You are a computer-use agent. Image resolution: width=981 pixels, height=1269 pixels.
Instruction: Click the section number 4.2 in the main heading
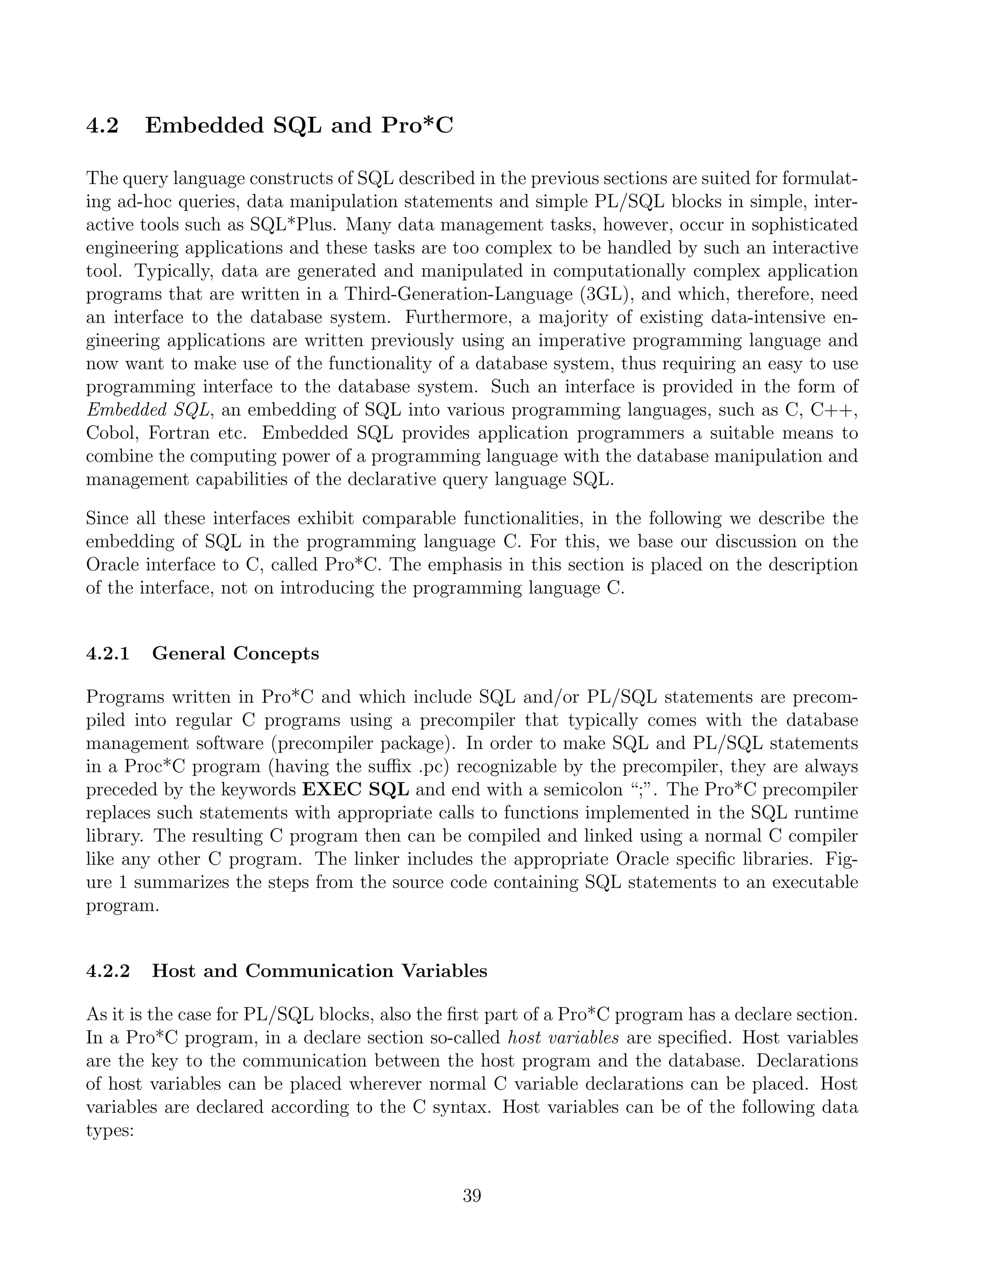[103, 125]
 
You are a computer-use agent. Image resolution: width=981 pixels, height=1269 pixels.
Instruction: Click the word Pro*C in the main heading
[417, 125]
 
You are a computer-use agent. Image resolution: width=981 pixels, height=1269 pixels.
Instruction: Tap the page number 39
[472, 1196]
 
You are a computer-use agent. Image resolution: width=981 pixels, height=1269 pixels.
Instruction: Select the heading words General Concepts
[235, 654]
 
